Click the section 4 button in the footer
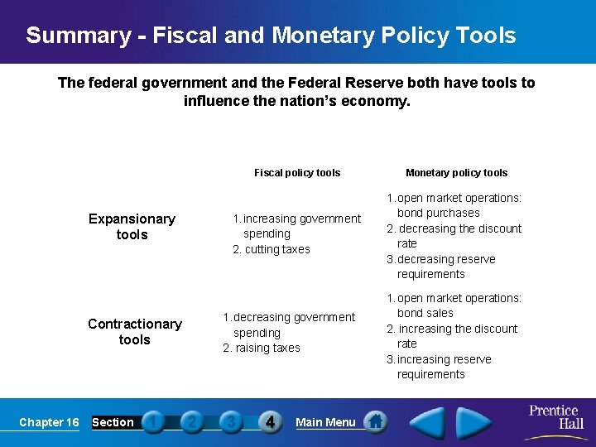click(x=271, y=422)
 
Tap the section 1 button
click(x=153, y=422)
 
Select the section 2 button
click(x=192, y=422)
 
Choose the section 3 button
click(x=231, y=422)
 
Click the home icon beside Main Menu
click(x=376, y=421)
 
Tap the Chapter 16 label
click(x=49, y=422)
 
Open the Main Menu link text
click(x=325, y=422)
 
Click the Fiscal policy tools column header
click(x=297, y=173)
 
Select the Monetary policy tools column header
click(x=456, y=173)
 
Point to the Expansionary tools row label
click(x=132, y=227)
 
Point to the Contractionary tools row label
click(x=134, y=332)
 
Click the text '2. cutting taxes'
click(x=271, y=249)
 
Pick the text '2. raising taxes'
click(x=262, y=348)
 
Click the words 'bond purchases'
click(x=438, y=213)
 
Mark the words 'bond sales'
click(x=425, y=313)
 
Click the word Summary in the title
click(x=78, y=36)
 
